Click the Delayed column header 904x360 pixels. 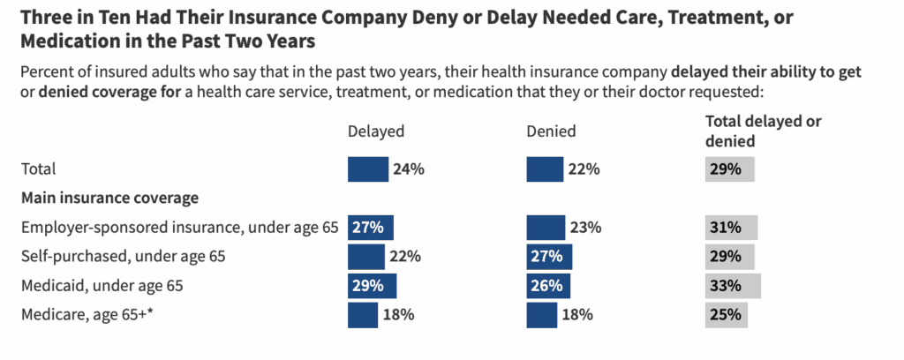coord(376,131)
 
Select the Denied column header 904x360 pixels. coord(551,131)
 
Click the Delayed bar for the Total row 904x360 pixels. coord(367,169)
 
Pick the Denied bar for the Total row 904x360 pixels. coord(544,169)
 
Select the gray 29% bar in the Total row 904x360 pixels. coord(729,169)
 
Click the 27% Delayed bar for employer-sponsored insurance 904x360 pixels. coord(370,228)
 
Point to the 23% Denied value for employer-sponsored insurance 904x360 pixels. coord(586,228)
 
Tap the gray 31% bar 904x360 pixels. coord(731,228)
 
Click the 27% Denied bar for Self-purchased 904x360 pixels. coord(549,257)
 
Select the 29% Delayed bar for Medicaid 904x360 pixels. coord(372,286)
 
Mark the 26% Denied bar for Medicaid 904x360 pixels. coord(548,286)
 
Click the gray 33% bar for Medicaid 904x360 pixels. coord(733,286)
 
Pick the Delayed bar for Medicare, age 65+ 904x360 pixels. coord(362,314)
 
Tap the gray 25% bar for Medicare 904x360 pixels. coord(726,314)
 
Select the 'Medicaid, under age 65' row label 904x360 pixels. coord(102,286)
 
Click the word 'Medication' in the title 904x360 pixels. coord(71,41)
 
